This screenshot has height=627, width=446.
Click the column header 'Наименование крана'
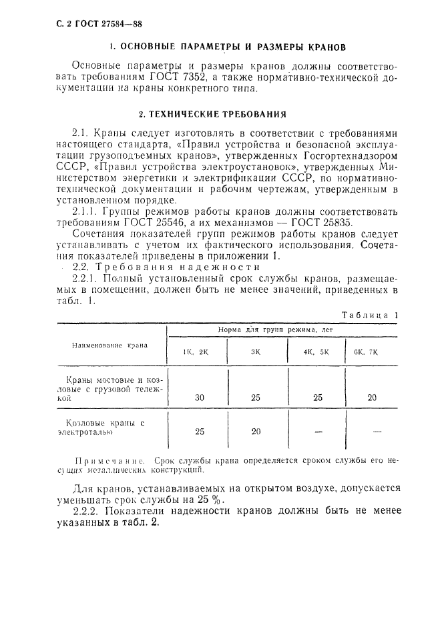point(109,346)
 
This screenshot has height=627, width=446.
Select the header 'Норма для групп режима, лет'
point(276,330)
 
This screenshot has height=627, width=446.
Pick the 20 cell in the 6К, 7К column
point(371,398)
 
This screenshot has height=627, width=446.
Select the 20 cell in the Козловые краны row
point(255,432)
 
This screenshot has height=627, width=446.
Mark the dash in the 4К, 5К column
point(318,432)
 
